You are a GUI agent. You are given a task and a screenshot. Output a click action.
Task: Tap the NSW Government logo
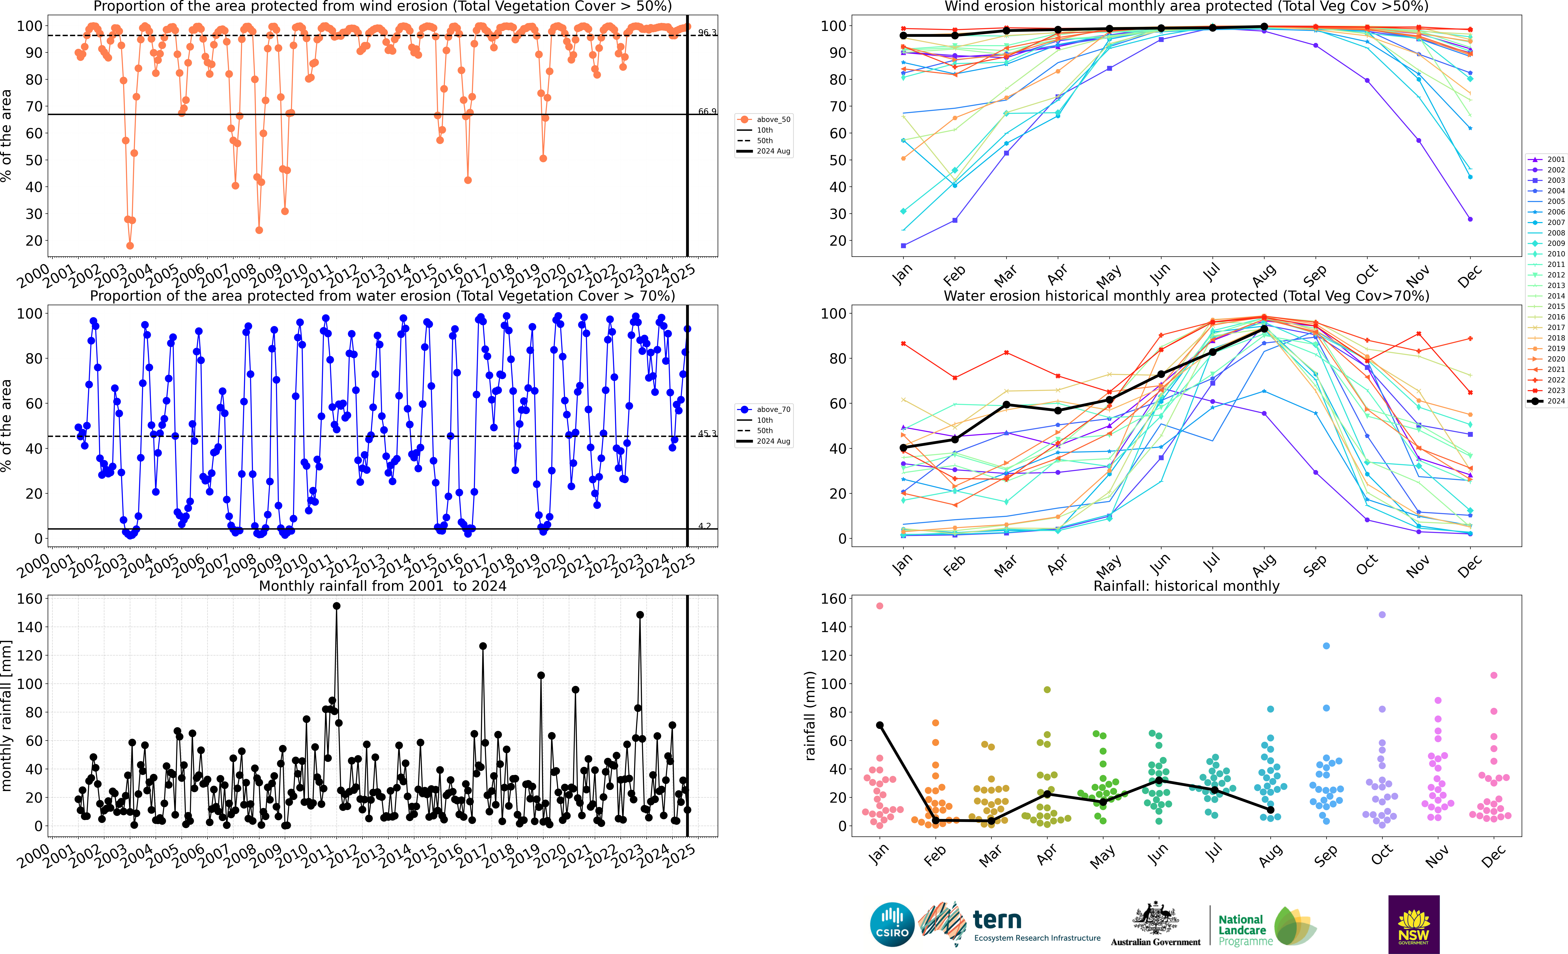[x=1413, y=924]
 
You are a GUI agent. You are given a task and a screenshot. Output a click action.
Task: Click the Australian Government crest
[x=1155, y=919]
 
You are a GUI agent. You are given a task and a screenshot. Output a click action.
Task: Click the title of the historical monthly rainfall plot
[x=1186, y=586]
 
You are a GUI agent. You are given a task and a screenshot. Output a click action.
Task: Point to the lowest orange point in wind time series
[x=130, y=245]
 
